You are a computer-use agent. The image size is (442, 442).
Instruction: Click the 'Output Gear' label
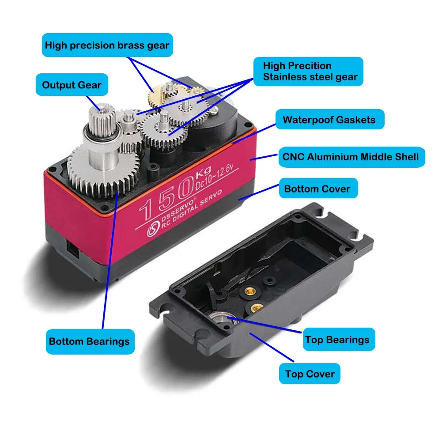72,85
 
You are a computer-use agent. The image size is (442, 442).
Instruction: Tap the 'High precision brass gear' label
107,45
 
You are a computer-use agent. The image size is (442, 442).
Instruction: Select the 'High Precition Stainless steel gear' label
308,72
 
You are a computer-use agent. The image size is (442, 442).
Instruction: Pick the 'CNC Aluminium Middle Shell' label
351,157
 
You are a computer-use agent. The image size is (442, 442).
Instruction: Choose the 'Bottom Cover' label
317,189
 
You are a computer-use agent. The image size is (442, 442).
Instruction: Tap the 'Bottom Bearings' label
89,341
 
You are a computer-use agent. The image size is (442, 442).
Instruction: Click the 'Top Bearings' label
337,340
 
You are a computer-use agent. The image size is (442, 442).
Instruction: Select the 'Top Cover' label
310,374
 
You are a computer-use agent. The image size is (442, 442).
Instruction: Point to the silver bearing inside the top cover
219,317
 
